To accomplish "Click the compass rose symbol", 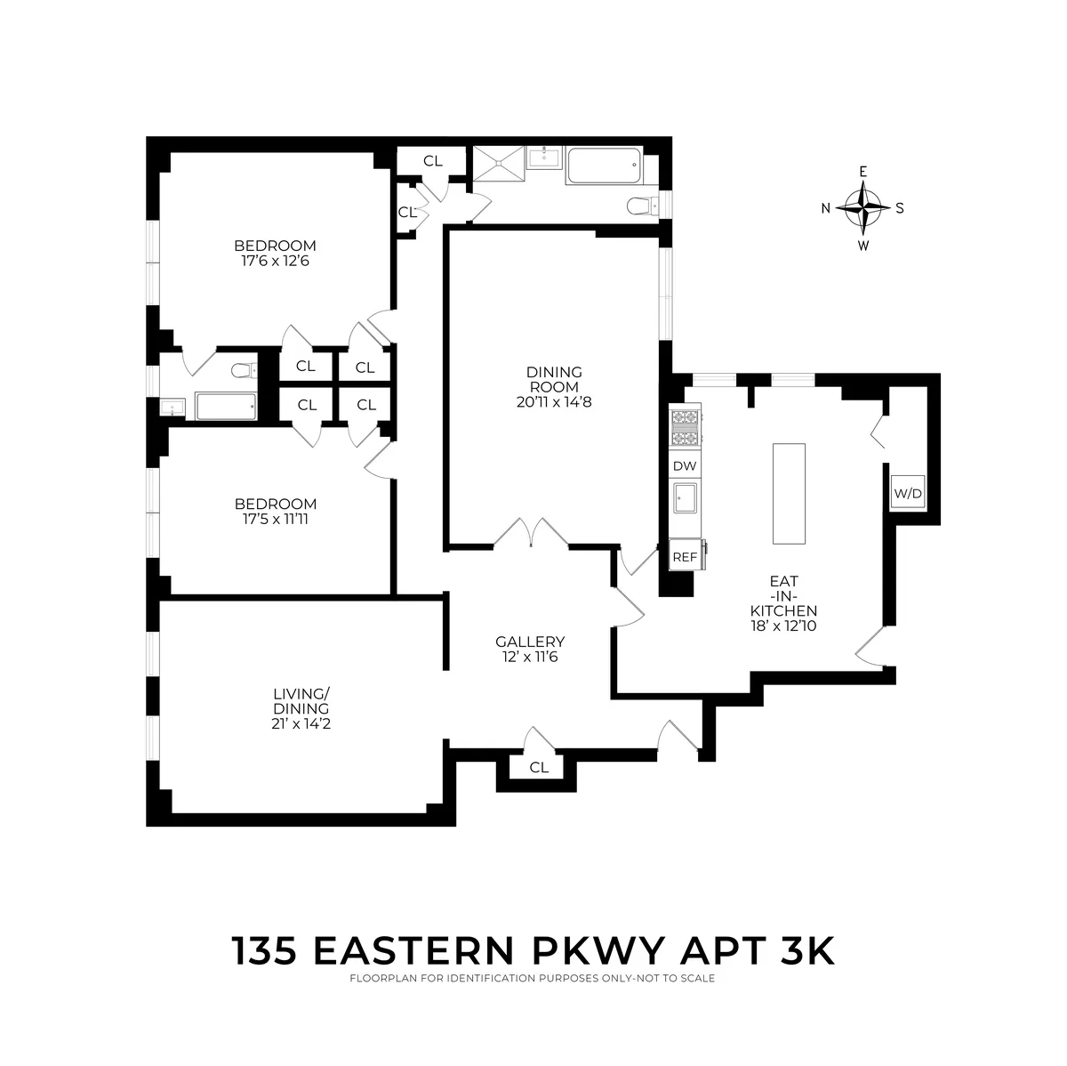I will [862, 208].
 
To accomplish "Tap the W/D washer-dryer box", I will [908, 492].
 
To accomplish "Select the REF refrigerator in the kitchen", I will [685, 556].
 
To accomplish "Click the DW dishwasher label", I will [685, 465].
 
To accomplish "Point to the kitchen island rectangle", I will [789, 494].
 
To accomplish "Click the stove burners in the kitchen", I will [686, 427].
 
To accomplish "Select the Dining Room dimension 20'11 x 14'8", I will [553, 401].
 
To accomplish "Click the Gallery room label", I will [530, 642].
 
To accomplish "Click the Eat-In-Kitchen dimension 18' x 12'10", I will [782, 626].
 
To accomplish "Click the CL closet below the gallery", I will [539, 767].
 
